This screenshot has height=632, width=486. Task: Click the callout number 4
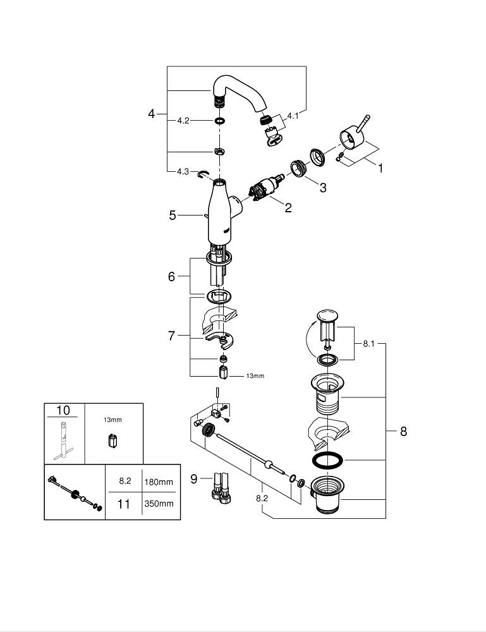pos(151,114)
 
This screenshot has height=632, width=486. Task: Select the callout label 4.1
pos(293,116)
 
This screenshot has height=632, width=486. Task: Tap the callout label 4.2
pos(183,120)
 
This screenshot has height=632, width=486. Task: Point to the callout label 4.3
pos(183,172)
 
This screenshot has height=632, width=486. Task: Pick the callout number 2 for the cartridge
pos(288,207)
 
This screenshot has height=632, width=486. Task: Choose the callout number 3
pos(323,188)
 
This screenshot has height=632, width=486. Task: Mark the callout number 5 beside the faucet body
pos(173,216)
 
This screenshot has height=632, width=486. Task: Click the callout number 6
pos(171,277)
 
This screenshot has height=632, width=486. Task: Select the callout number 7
pos(171,336)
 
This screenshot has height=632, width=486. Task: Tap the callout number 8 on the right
pos(403,432)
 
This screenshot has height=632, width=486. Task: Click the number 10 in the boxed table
pos(63,410)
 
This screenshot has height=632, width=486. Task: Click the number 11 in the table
pos(125,504)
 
